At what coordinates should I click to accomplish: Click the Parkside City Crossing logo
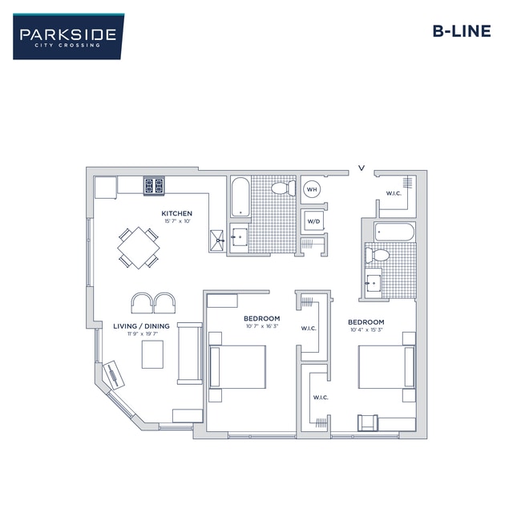[x=68, y=37]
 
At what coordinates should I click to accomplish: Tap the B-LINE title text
[x=461, y=32]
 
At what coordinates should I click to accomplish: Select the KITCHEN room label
[x=176, y=213]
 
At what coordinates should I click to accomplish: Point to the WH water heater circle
[x=313, y=190]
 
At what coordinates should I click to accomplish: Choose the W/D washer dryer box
[x=313, y=221]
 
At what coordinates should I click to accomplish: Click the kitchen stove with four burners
[x=153, y=186]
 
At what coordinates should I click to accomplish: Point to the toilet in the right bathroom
[x=377, y=256]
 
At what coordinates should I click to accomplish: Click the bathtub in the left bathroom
[x=240, y=196]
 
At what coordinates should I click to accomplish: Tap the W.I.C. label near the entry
[x=394, y=193]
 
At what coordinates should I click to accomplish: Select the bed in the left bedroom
[x=237, y=367]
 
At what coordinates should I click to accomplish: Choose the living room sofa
[x=189, y=353]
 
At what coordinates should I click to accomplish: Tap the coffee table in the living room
[x=152, y=353]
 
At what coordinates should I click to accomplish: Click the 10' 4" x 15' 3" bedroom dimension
[x=366, y=330]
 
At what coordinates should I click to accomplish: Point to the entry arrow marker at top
[x=361, y=168]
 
